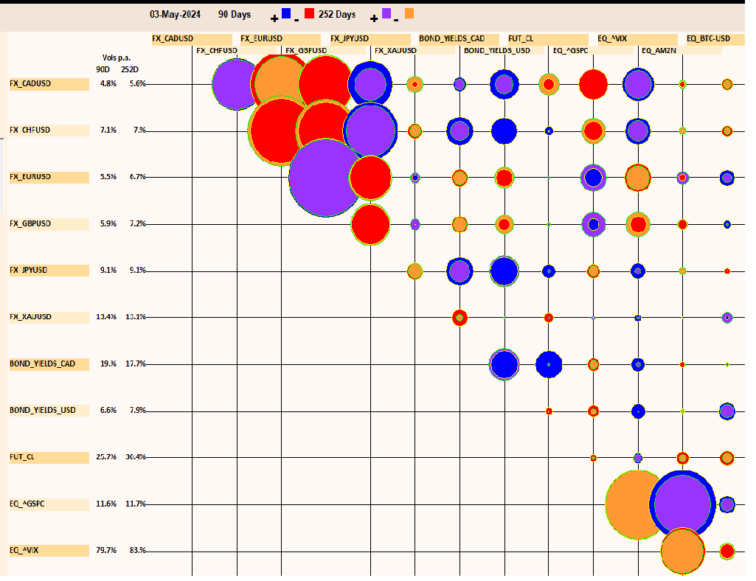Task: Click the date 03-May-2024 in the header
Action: (174, 14)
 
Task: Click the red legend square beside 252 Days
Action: (309, 13)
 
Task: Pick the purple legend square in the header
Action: (386, 13)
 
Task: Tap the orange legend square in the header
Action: (409, 13)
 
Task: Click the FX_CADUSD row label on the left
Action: (30, 84)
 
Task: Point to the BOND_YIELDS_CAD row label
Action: (38, 364)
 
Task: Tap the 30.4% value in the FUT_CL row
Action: (136, 457)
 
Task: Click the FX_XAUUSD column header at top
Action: (395, 51)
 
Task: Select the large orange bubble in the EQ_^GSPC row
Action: (636, 505)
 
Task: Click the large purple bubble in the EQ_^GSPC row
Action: (682, 504)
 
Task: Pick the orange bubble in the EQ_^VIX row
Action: (682, 551)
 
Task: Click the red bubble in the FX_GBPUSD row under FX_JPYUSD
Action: (370, 224)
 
